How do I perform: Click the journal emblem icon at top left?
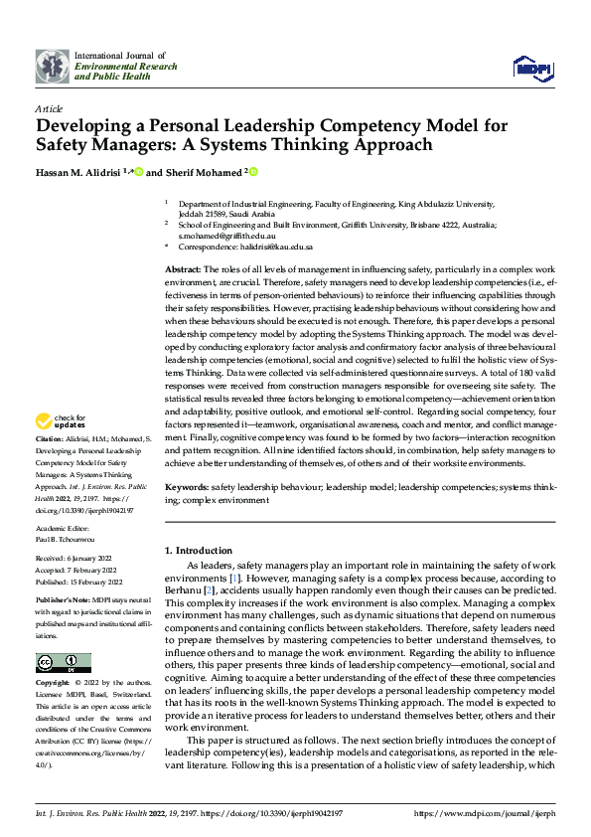[x=53, y=66]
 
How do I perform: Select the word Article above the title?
[x=49, y=107]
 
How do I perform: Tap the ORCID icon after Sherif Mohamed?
[x=254, y=171]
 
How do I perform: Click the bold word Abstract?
[x=184, y=270]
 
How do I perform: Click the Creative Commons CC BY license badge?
[x=63, y=663]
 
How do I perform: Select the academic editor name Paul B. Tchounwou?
[x=70, y=539]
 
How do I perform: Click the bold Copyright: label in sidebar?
[x=54, y=685]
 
